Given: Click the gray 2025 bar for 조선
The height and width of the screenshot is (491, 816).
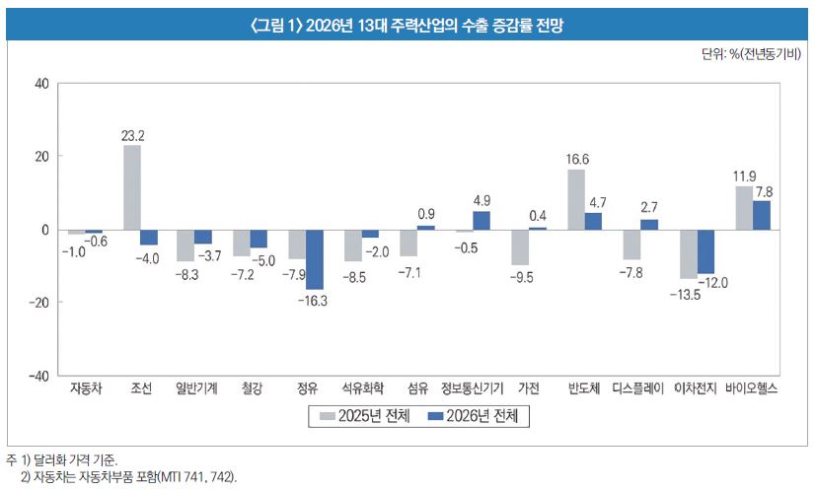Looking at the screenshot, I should point(131,187).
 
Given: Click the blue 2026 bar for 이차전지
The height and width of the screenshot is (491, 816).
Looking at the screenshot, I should point(705,251).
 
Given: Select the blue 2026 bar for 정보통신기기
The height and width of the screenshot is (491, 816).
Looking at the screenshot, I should point(482,221).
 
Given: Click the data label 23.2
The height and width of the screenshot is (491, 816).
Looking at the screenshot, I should point(132,134).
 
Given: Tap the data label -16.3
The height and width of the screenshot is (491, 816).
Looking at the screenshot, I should point(315,300).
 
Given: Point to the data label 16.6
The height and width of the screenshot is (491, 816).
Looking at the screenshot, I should point(577,159).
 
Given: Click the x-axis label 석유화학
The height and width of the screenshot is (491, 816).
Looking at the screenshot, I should point(363,388).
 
